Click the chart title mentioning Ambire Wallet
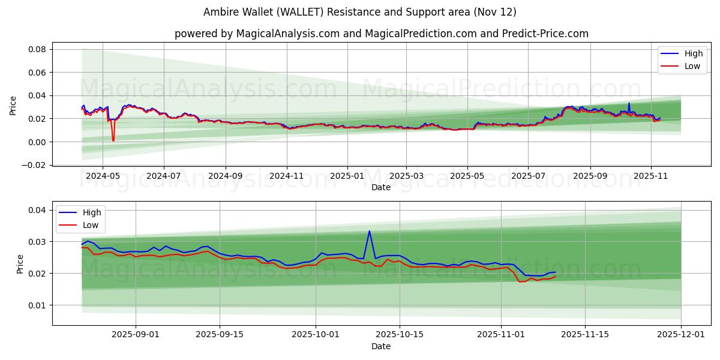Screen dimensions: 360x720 [359, 12]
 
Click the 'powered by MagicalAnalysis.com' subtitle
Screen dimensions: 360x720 [381, 34]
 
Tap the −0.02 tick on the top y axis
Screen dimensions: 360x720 [35, 165]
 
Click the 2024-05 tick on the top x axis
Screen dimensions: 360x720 [102, 176]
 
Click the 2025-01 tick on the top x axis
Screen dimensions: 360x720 [347, 176]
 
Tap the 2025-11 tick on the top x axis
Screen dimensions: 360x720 [651, 176]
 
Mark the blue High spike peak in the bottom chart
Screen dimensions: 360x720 [369, 231]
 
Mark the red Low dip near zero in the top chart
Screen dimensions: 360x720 [113, 140]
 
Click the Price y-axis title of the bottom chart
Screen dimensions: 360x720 [20, 263]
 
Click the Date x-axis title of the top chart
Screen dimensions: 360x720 [380, 187]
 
